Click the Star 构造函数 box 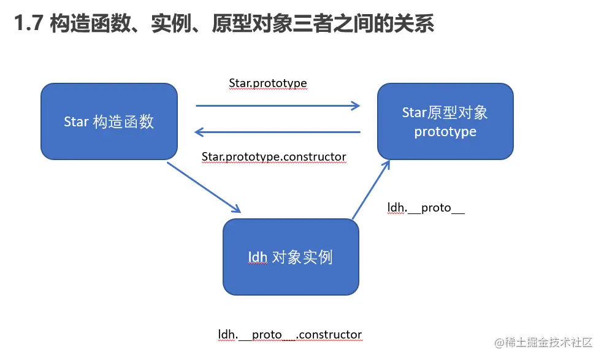point(109,121)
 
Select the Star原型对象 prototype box point(445,121)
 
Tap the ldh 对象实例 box point(290,256)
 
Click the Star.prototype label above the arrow point(268,83)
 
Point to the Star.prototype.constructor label point(274,157)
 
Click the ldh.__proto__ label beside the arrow point(426,207)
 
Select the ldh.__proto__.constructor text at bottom point(290,334)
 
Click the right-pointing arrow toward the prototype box point(278,105)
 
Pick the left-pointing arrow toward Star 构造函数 point(278,132)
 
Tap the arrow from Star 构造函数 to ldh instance point(204,188)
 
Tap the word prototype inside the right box point(445,132)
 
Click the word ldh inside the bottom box point(258,257)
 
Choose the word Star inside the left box point(77,121)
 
